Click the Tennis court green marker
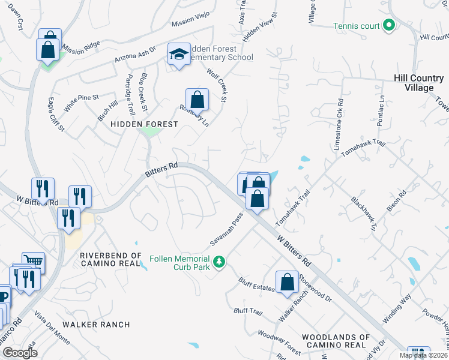coord(388,26)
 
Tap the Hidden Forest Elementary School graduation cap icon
coord(178,55)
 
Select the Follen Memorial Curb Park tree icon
coord(220,262)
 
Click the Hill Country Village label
coord(422,83)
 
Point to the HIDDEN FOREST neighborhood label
coord(144,124)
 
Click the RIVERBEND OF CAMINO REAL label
coord(110,260)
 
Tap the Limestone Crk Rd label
coord(340,116)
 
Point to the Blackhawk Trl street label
coord(364,215)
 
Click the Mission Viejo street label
coord(193,23)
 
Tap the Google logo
coord(20,353)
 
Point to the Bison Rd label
coord(397,201)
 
